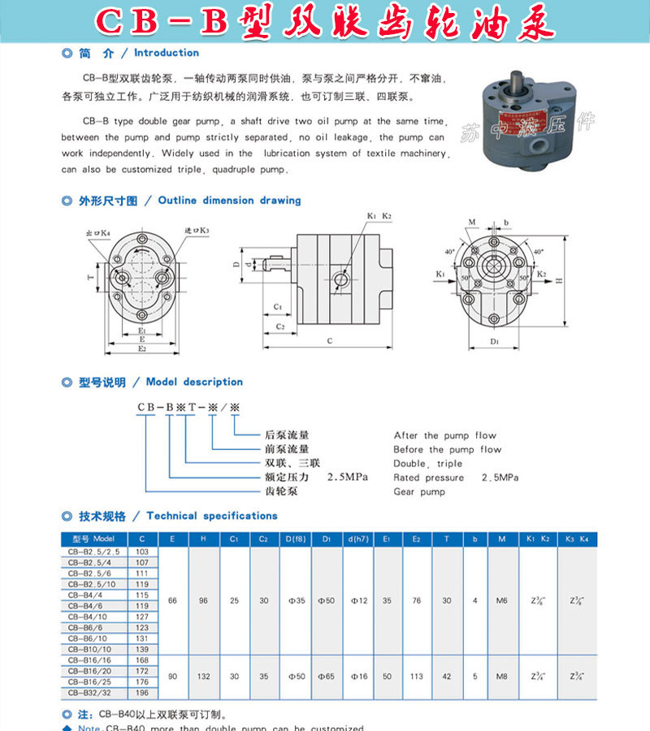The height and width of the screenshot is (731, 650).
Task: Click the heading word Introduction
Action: click(166, 53)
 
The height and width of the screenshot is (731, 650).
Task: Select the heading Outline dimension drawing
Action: click(229, 200)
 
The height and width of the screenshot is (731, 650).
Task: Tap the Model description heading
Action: click(194, 382)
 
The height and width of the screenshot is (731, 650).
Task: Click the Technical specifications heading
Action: click(212, 516)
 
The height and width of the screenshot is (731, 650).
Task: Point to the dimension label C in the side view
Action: click(329, 341)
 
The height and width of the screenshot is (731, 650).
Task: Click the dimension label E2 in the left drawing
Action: click(142, 348)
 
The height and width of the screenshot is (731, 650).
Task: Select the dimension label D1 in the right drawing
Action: click(496, 342)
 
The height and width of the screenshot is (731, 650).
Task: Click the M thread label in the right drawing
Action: click(472, 222)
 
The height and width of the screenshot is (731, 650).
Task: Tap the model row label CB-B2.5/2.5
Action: click(93, 551)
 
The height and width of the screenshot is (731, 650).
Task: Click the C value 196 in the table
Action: click(142, 693)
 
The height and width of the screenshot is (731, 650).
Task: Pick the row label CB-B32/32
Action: click(93, 693)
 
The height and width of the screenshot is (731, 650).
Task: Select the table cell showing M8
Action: click(501, 676)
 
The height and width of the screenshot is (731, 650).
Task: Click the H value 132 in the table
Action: click(203, 676)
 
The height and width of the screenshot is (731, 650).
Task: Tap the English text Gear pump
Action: click(418, 491)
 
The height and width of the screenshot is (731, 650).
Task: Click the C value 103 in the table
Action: click(142, 551)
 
